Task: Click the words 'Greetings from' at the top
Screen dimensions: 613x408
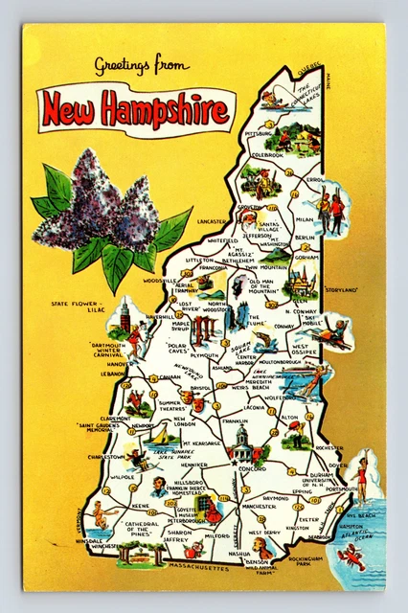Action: tap(141, 65)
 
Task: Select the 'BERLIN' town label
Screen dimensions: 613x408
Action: tap(305, 237)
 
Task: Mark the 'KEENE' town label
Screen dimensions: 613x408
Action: tap(141, 504)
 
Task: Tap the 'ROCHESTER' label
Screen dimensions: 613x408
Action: tap(329, 446)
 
